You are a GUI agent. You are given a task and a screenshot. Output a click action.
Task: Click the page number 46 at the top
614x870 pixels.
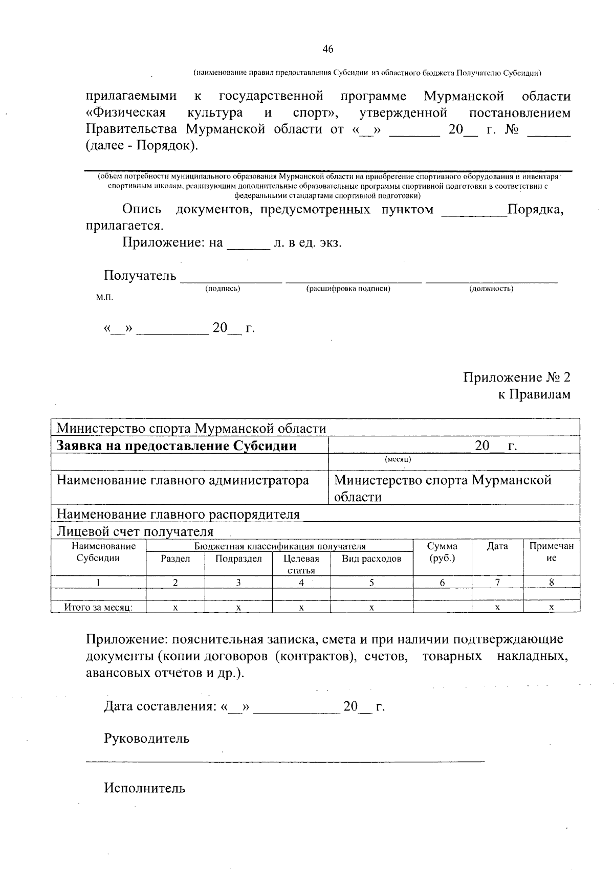[328, 49]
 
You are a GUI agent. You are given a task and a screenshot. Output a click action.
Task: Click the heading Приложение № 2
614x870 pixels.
[517, 377]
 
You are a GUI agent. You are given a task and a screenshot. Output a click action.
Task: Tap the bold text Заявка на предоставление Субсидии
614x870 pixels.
[177, 445]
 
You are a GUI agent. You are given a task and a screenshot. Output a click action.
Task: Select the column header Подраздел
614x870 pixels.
[238, 559]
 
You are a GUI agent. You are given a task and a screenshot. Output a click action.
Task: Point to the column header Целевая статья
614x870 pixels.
[301, 564]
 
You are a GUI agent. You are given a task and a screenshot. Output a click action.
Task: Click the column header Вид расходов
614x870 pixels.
[371, 559]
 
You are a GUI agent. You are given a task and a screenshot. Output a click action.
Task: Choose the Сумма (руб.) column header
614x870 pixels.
[442, 552]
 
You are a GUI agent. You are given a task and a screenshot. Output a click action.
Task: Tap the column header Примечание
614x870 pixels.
[551, 552]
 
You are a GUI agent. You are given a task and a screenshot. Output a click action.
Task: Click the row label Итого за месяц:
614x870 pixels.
[98, 608]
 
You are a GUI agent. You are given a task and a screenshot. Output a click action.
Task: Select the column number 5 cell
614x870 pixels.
[372, 583]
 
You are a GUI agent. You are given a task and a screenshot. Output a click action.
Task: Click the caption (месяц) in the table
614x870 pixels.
[398, 459]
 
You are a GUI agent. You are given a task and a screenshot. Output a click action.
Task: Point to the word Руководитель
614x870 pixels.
[147, 739]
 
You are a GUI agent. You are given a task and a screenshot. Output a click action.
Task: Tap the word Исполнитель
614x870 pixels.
[145, 788]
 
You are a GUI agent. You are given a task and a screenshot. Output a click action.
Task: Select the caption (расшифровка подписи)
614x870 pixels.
[348, 289]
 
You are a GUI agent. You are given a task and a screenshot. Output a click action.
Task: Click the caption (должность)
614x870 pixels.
[491, 289]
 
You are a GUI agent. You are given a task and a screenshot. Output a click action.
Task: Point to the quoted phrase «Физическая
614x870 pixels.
[125, 113]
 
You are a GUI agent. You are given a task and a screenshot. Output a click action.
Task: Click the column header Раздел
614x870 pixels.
[176, 559]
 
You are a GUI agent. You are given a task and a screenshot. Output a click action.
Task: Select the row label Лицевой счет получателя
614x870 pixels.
[135, 531]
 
